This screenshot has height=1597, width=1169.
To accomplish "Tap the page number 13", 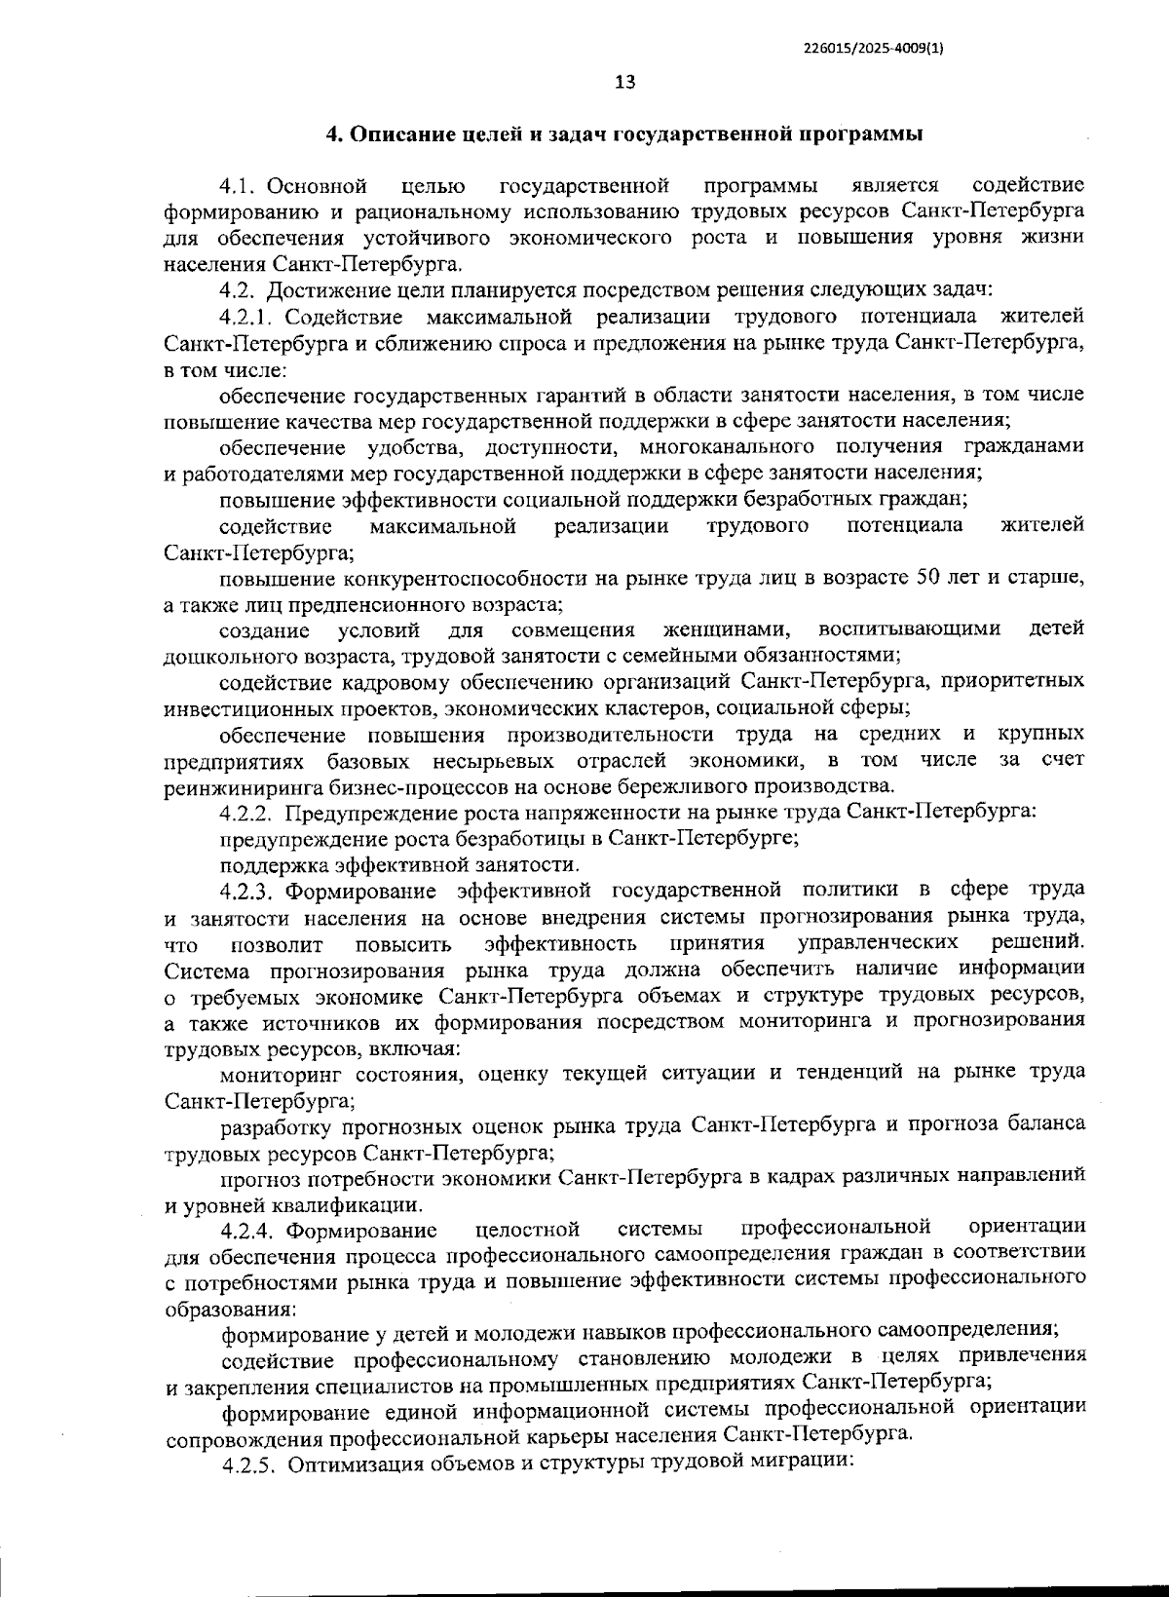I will coord(625,83).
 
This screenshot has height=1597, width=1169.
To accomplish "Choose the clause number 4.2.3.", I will coord(250,891).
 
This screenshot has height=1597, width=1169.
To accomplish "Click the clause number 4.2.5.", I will coord(251,1493).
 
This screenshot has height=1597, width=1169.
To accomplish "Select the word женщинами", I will coord(727,629).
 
